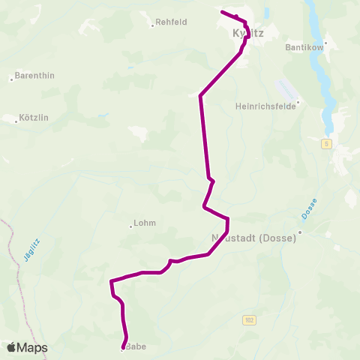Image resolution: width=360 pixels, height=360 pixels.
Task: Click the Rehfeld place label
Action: coord(172,23)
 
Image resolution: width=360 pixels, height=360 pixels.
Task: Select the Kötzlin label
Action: coord(34,118)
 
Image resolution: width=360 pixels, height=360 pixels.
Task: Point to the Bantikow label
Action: coord(304,46)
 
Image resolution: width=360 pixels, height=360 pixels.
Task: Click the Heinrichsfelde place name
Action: coord(267,106)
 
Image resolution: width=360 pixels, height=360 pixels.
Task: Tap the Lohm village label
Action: coord(145,223)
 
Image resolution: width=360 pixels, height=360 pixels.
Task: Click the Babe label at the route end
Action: coord(136,346)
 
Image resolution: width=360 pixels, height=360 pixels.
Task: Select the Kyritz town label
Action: coord(248,34)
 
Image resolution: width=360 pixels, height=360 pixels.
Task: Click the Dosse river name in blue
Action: coord(310,209)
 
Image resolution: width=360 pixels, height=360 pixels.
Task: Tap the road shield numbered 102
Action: coord(248,320)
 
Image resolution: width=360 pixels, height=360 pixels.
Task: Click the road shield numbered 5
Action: coord(328,142)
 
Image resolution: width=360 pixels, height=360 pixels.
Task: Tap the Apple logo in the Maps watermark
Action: coord(12,347)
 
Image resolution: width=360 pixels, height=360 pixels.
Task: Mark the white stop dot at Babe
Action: coord(122,348)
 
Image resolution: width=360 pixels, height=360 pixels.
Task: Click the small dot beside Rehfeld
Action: coord(152,25)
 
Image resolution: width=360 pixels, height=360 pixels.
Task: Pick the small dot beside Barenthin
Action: coord(11,78)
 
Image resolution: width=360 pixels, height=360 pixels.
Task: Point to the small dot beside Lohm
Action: coord(130,224)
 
